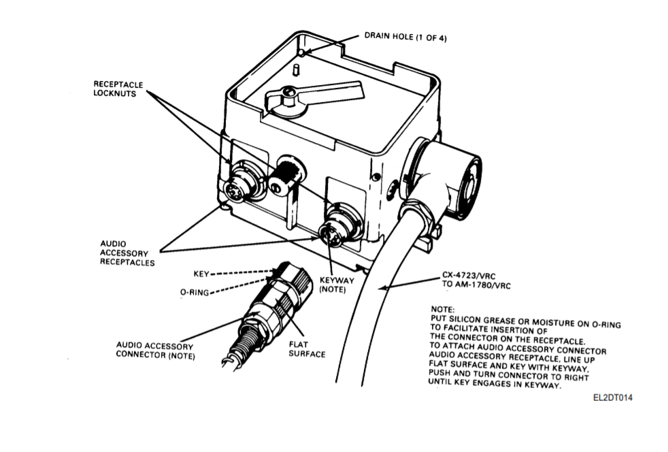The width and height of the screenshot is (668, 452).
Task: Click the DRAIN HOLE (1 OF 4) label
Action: (x=405, y=37)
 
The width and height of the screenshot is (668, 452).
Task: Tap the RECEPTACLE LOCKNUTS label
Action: (x=118, y=89)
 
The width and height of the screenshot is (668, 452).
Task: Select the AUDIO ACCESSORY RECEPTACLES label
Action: (x=127, y=253)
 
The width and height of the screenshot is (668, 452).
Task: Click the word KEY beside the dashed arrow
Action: (x=201, y=274)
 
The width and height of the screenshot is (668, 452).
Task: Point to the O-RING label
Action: (x=195, y=293)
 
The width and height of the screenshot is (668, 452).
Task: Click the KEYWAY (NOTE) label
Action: (x=337, y=285)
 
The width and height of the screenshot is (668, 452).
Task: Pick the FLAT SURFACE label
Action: (x=307, y=349)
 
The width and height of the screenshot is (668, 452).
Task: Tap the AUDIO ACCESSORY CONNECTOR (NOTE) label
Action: (x=155, y=351)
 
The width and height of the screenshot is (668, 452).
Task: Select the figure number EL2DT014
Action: (x=613, y=398)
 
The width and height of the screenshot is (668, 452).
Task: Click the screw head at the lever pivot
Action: (x=289, y=91)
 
